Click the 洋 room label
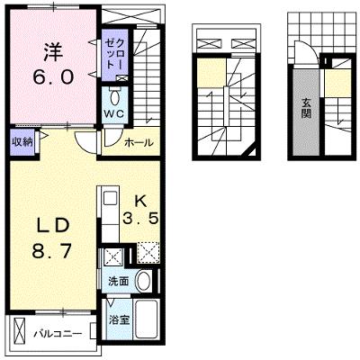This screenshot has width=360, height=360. (54, 52)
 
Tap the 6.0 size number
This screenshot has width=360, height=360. (53, 77)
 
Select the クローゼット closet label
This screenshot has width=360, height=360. (115, 54)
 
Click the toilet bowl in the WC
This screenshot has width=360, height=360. (114, 98)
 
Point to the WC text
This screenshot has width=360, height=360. (114, 113)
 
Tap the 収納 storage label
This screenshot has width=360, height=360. (22, 142)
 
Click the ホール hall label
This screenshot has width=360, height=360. (139, 142)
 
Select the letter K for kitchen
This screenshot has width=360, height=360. (140, 202)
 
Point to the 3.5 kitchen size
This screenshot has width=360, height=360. (140, 219)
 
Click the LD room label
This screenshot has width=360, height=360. (53, 226)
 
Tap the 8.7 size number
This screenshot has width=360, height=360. (52, 251)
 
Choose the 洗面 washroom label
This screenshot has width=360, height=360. (119, 282)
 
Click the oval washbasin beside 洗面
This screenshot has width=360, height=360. (144, 281)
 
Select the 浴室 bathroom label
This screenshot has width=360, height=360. (119, 320)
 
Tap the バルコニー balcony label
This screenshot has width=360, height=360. (58, 334)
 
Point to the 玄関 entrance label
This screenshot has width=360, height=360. (306, 108)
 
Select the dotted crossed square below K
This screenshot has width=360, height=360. (148, 253)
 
